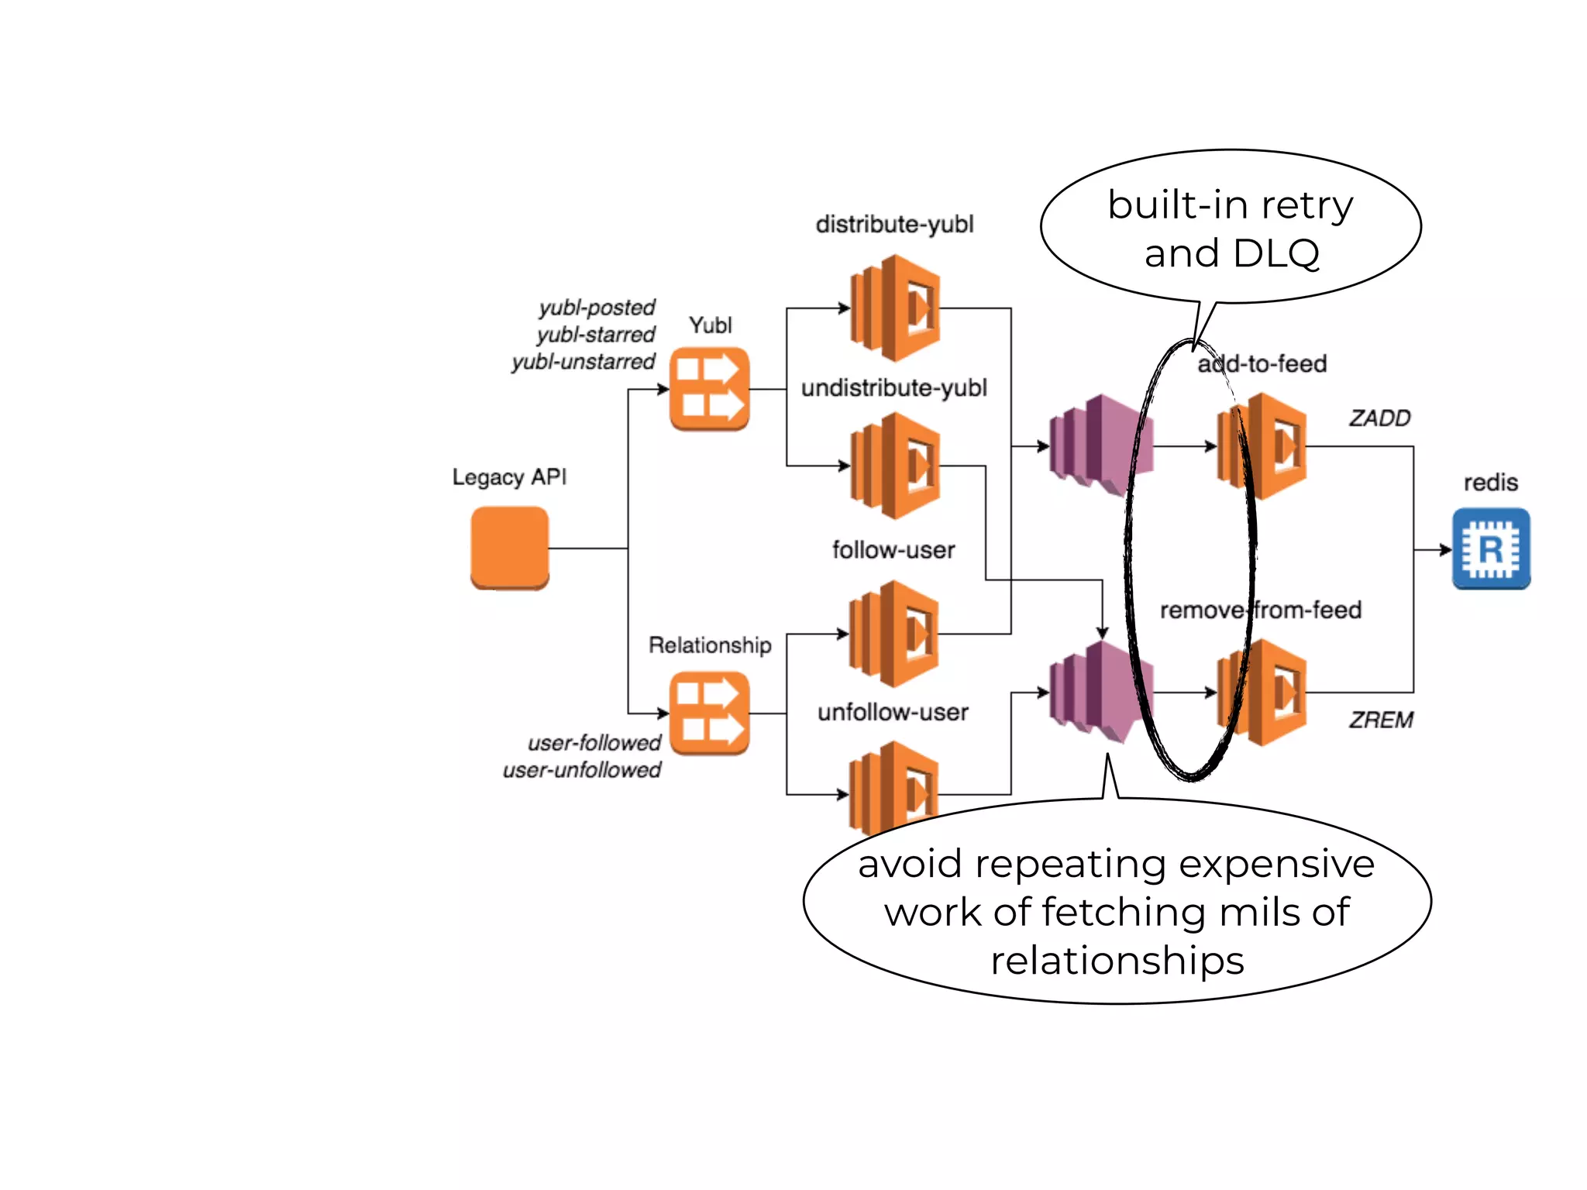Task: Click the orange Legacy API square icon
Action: pyautogui.click(x=509, y=548)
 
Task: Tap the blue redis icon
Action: pyautogui.click(x=1490, y=549)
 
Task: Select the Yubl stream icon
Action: pyautogui.click(x=709, y=389)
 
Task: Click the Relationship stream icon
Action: pyautogui.click(x=709, y=713)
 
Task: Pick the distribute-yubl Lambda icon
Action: pyautogui.click(x=895, y=308)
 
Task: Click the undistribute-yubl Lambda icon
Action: pyautogui.click(x=895, y=466)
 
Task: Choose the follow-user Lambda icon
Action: pyautogui.click(x=893, y=634)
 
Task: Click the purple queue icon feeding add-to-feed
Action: pyautogui.click(x=1100, y=445)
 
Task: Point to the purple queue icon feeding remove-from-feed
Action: pyautogui.click(x=1100, y=692)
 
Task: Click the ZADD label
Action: pyautogui.click(x=1379, y=418)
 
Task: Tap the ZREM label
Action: pyautogui.click(x=1381, y=720)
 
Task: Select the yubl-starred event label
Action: pyautogui.click(x=595, y=335)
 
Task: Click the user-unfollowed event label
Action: pyautogui.click(x=581, y=770)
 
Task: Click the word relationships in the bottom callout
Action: pyautogui.click(x=1117, y=961)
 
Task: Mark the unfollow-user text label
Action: pyautogui.click(x=893, y=712)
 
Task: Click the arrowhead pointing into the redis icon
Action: pyautogui.click(x=1445, y=549)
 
